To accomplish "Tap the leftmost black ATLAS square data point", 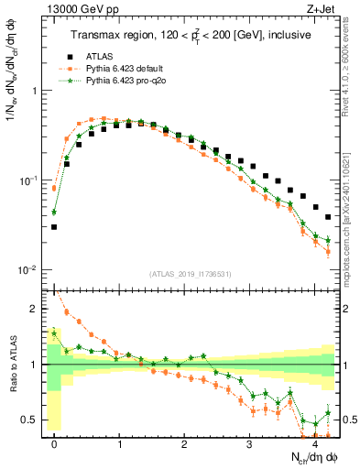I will pos(54,226).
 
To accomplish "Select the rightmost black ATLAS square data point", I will pos(328,217).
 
